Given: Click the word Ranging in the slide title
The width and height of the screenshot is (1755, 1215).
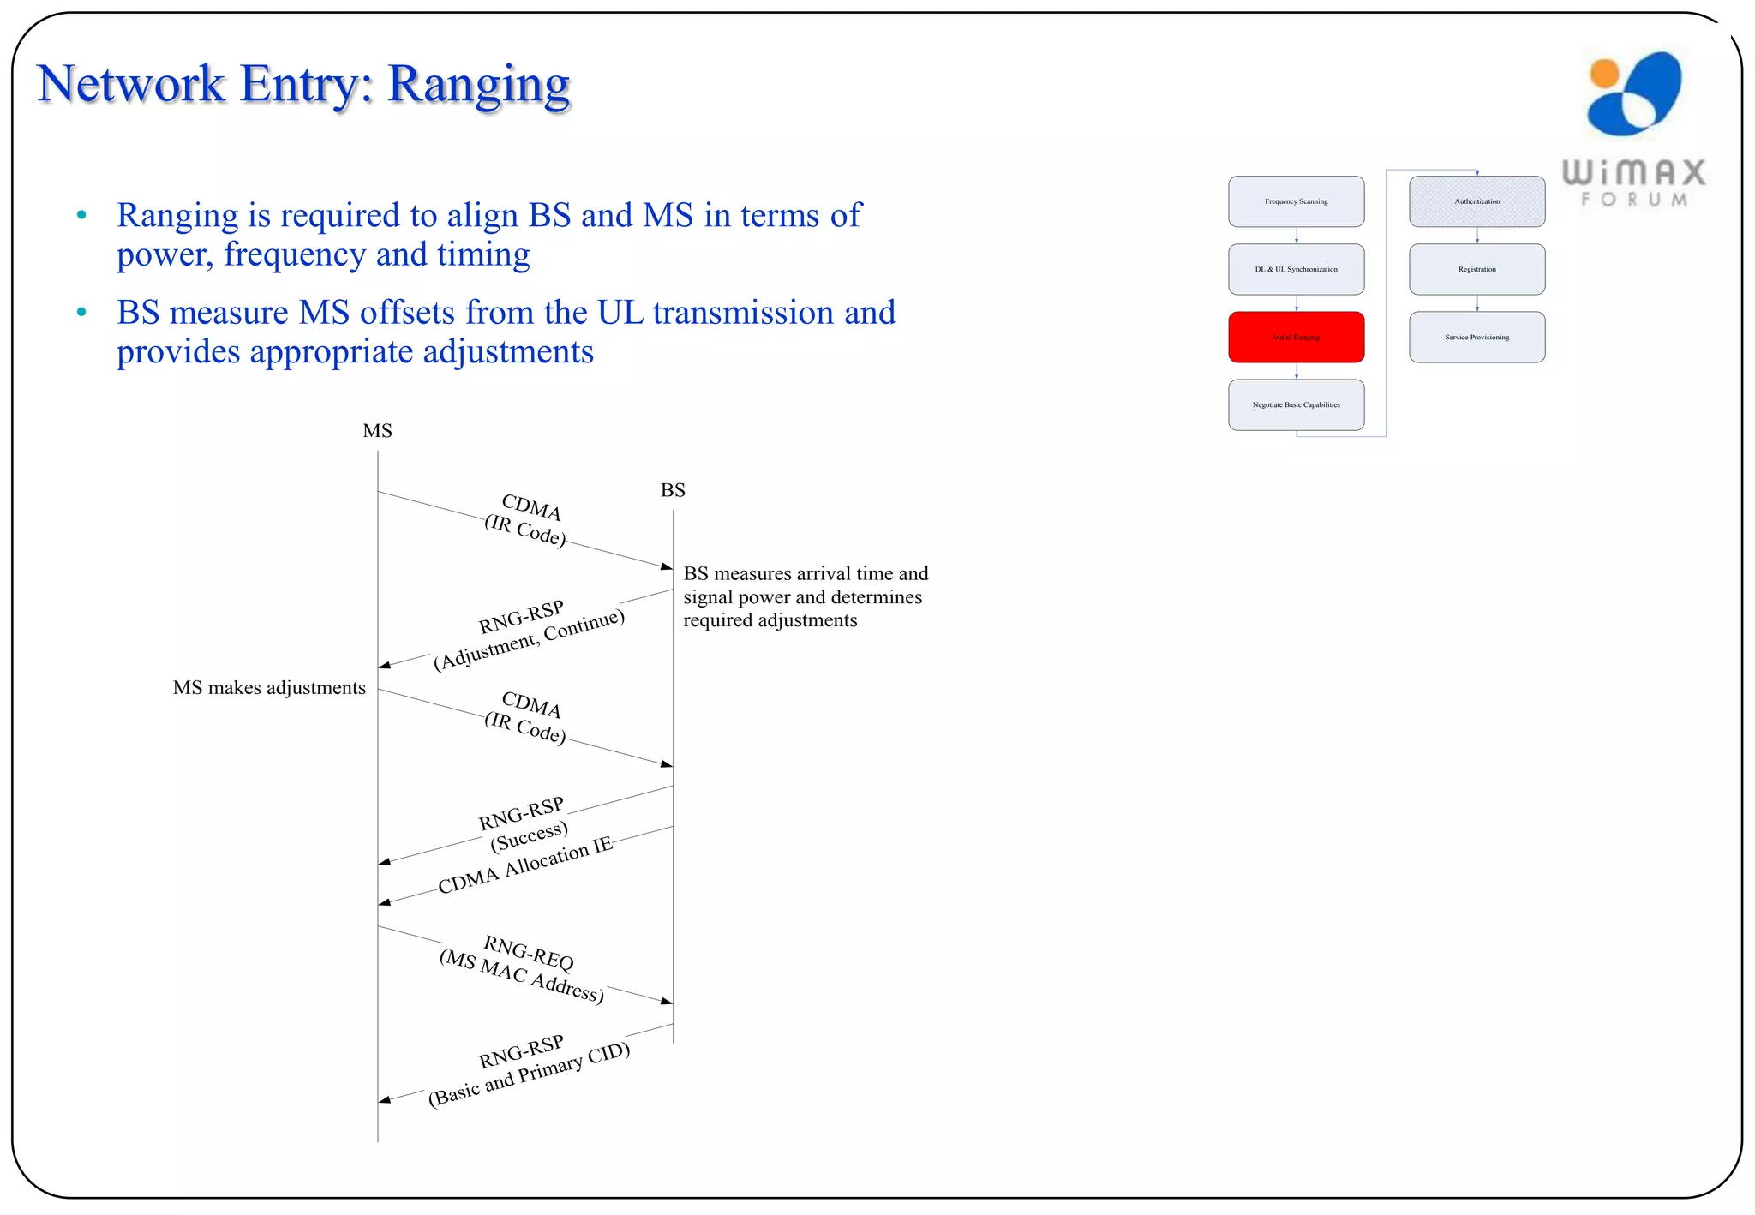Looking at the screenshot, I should (478, 86).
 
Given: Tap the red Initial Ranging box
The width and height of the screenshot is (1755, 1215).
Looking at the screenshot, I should (1296, 337).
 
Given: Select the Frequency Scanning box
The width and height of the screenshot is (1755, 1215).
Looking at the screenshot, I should (1296, 201).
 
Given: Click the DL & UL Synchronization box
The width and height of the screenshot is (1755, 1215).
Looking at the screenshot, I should (1296, 269).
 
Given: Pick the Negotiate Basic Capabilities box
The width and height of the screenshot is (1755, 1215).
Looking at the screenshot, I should (1296, 404).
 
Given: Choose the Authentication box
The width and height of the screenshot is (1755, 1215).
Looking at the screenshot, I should (1476, 201).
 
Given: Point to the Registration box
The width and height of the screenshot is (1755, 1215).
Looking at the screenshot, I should (1476, 269).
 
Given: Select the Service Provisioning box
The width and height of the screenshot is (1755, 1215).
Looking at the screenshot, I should (1476, 337).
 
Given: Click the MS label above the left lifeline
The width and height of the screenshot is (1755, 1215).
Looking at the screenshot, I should (377, 431).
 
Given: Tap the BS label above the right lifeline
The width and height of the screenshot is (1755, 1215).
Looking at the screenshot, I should (673, 490).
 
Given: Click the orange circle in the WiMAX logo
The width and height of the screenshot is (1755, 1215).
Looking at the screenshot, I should (1603, 75).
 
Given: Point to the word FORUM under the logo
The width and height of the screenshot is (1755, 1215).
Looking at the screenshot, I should (1634, 200).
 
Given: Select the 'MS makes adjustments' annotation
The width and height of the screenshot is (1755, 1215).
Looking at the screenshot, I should (269, 688).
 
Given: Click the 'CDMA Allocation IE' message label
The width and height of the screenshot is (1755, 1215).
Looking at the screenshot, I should (525, 865).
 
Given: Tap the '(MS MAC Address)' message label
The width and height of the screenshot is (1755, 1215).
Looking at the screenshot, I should (521, 977).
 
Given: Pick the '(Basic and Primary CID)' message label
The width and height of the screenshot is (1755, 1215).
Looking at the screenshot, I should (529, 1074).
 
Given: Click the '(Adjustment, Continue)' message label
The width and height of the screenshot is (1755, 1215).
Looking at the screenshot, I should (529, 640).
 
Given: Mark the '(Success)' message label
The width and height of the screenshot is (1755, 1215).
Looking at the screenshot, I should (529, 836).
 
